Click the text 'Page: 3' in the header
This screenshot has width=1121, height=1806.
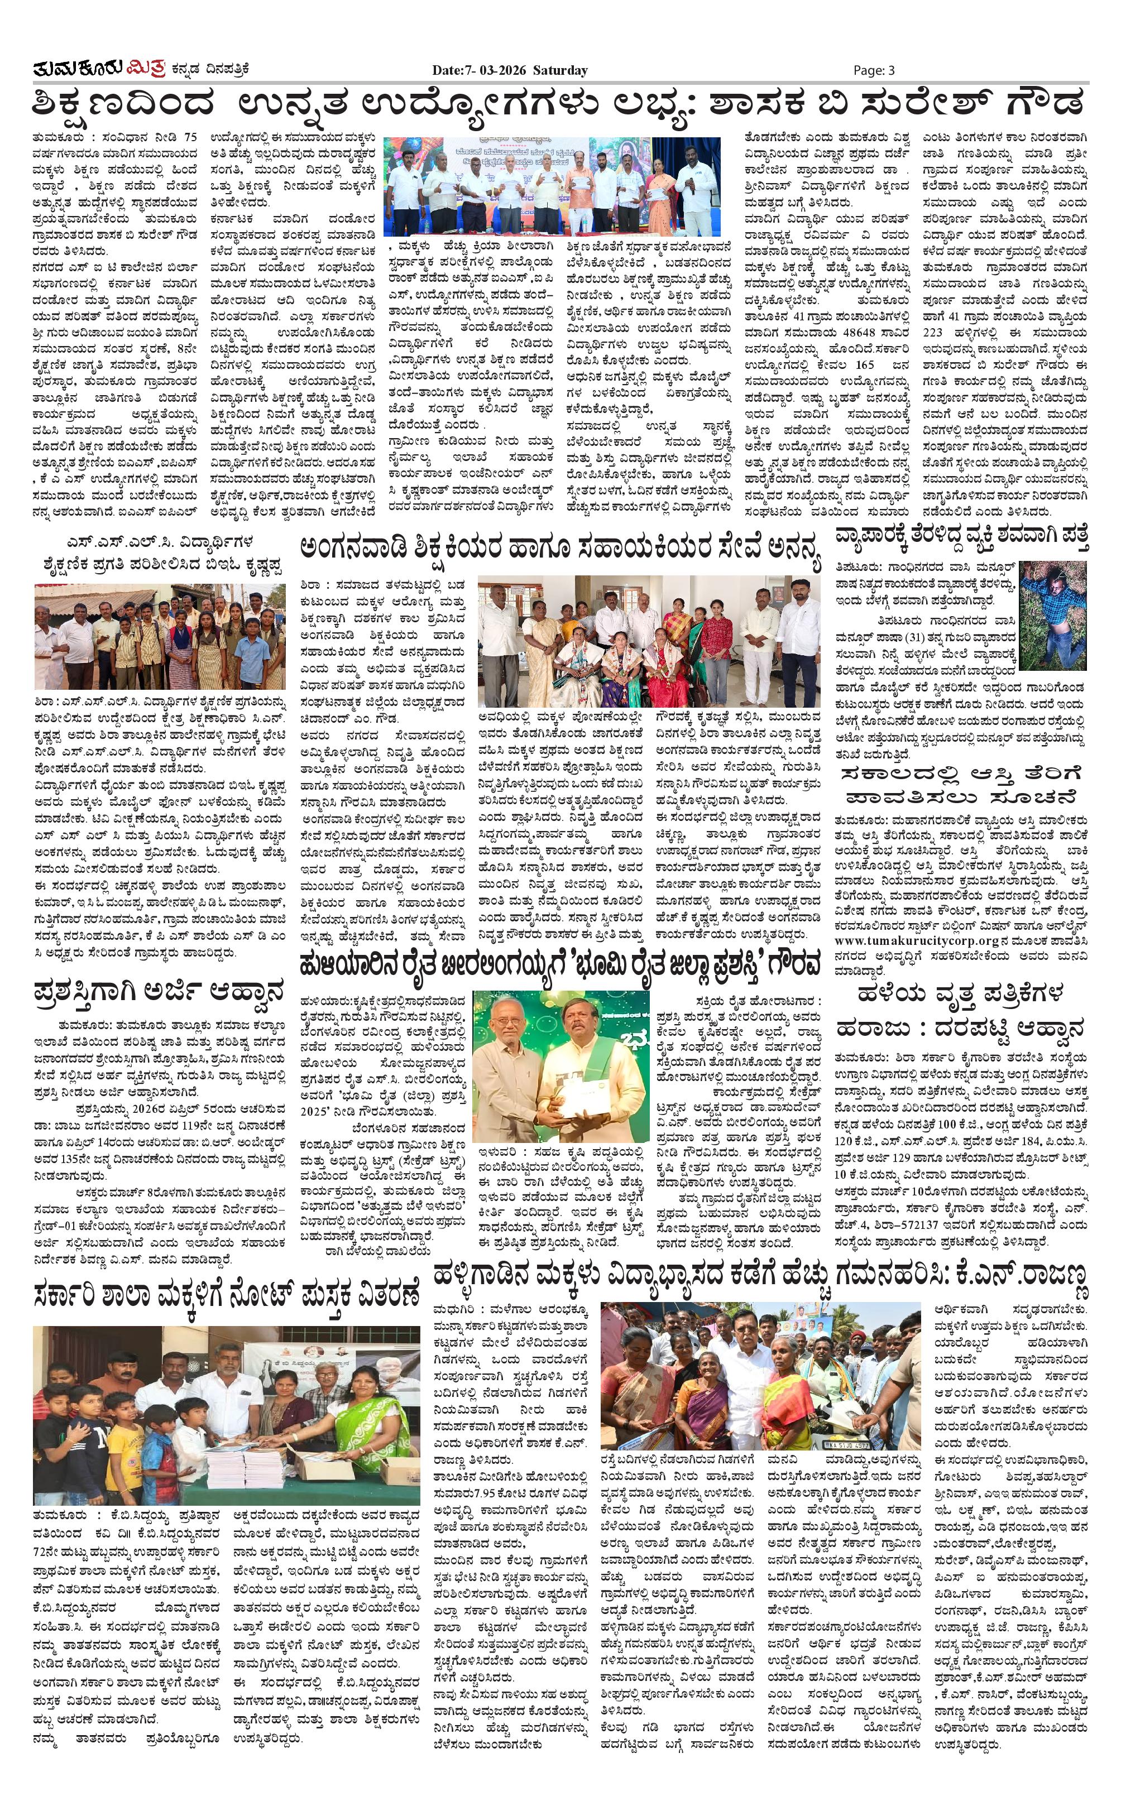874,70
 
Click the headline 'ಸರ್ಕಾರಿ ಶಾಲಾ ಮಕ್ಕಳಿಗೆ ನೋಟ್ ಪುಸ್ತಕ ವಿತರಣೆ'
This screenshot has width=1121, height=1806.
227,1295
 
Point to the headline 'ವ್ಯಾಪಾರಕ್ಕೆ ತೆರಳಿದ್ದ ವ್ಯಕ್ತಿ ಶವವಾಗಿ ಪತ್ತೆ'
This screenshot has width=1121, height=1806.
961,536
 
